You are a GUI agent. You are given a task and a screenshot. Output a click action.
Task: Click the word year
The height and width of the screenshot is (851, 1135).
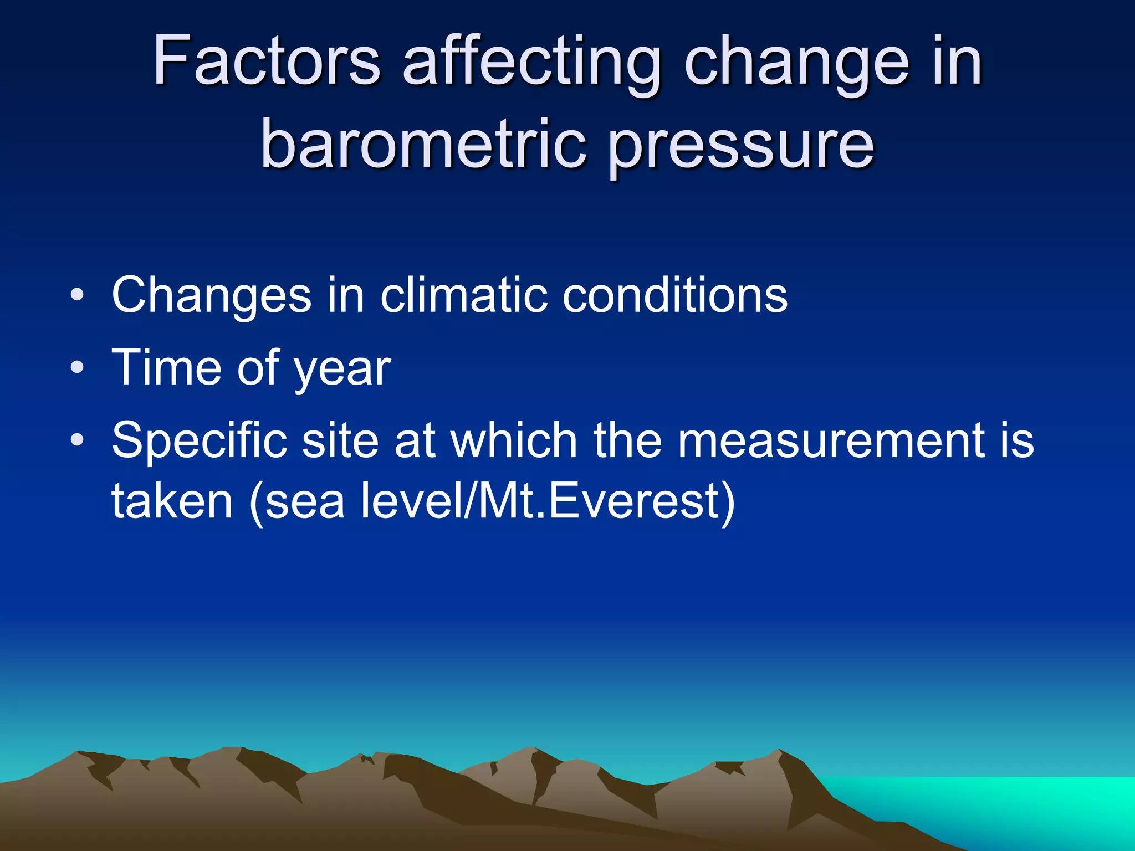[x=342, y=370]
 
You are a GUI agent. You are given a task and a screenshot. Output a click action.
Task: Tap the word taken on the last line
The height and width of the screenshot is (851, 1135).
[x=172, y=501]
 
